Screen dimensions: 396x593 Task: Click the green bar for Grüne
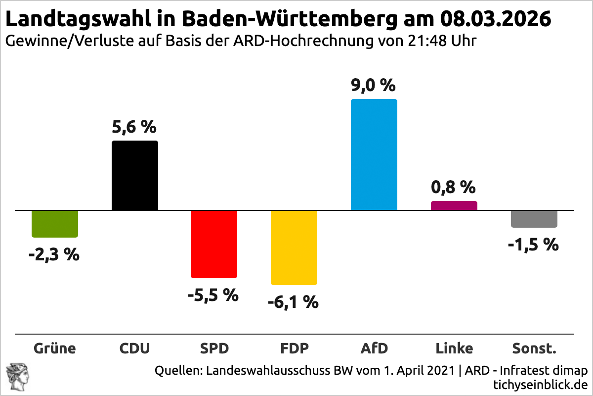(x=55, y=224)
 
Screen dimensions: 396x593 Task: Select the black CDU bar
(x=135, y=176)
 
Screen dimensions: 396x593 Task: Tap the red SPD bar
(x=214, y=244)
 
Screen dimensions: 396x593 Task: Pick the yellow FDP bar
(x=294, y=247)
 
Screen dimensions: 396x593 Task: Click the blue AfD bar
(x=374, y=155)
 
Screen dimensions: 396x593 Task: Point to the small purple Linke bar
(x=454, y=205)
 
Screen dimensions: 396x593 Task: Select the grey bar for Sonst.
(x=534, y=219)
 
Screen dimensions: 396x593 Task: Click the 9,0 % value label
(x=373, y=86)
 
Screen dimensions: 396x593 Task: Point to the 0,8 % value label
(x=453, y=187)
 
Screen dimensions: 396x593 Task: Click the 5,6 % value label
(x=134, y=127)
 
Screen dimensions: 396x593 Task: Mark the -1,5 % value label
(x=533, y=244)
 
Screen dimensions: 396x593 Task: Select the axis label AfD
(x=374, y=348)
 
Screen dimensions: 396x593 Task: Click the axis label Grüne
(x=55, y=348)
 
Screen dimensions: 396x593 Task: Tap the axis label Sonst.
(x=534, y=348)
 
